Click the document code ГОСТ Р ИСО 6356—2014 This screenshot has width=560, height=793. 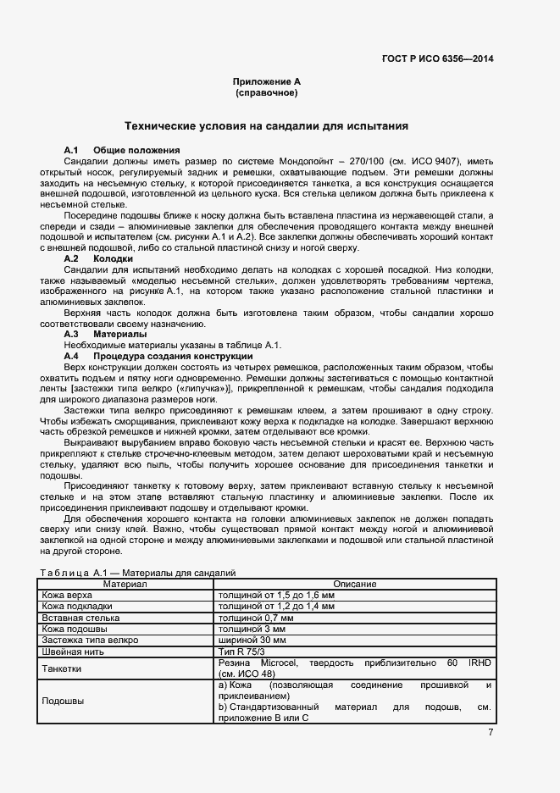coord(438,58)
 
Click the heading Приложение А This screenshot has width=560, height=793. coord(267,81)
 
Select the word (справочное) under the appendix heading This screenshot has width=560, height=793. coord(267,92)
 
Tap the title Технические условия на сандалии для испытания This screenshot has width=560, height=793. coord(267,126)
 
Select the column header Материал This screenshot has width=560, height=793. coord(125,585)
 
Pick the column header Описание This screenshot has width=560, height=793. coord(354,585)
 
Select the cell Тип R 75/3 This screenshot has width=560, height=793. coord(242,652)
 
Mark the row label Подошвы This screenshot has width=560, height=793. coord(63,701)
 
